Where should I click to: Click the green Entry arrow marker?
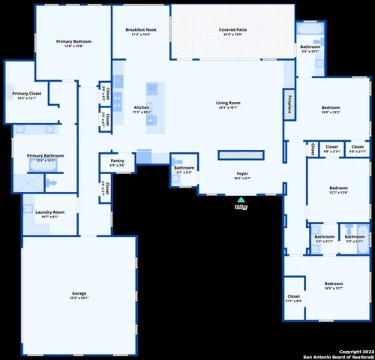pos(241,200)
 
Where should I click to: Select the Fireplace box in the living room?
pos(288,104)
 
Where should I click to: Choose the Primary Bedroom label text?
pos(73,43)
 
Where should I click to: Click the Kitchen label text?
pos(142,109)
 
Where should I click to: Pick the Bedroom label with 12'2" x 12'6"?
pos(338,190)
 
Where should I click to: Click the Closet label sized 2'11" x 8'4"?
pos(294,298)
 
